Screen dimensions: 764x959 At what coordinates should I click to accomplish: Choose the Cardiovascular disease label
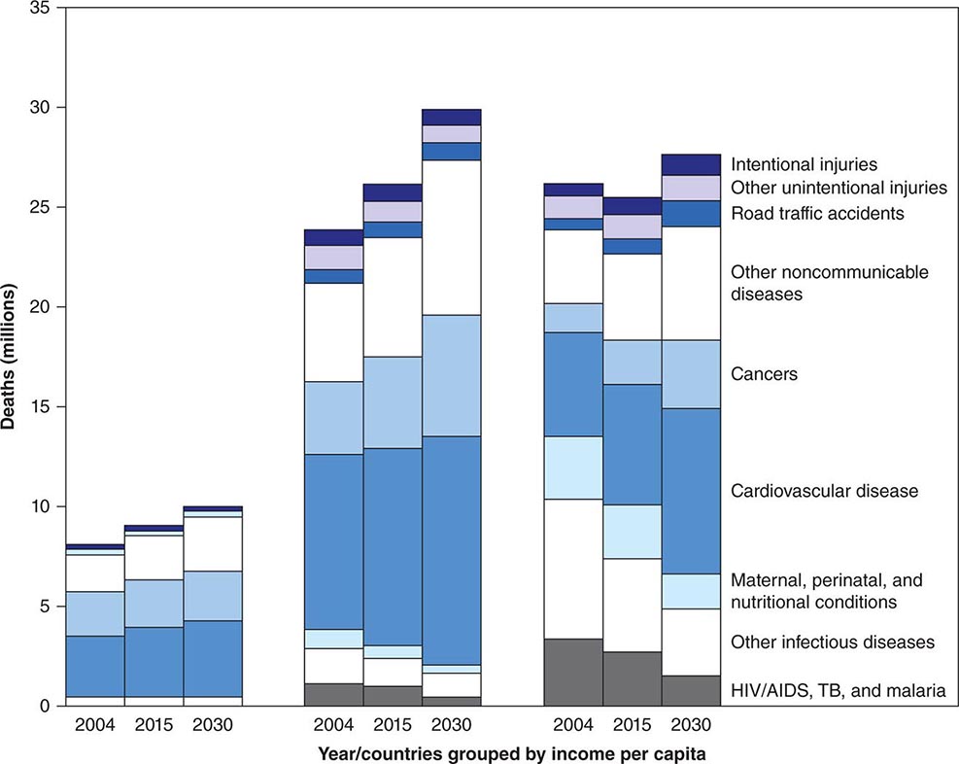point(824,491)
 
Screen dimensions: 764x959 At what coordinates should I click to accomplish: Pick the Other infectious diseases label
point(833,642)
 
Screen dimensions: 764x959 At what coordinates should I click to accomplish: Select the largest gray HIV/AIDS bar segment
point(572,672)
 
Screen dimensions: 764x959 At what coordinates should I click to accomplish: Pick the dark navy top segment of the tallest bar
point(451,117)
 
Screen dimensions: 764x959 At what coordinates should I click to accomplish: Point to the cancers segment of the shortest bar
point(95,613)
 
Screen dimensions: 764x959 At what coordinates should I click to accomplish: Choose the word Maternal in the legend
point(764,580)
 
